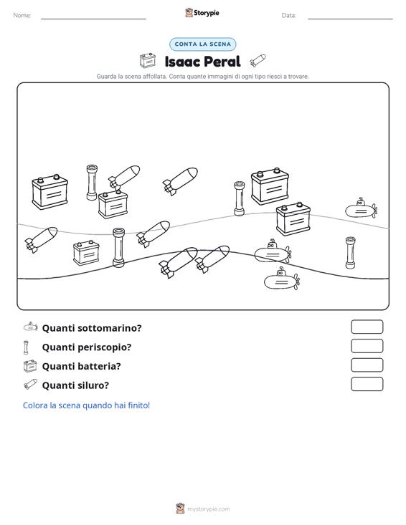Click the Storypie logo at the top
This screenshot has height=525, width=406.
[202, 13]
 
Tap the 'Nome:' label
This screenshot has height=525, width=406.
[22, 16]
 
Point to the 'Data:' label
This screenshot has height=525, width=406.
[288, 16]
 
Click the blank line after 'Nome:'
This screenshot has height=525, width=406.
[93, 19]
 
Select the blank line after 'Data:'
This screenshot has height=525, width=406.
[350, 19]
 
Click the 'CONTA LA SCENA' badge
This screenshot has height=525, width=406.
[203, 44]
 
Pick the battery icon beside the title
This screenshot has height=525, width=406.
[148, 61]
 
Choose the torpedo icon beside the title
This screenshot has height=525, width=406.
[258, 61]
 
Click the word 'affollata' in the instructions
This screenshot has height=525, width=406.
[154, 77]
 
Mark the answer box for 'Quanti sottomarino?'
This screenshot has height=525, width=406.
[367, 327]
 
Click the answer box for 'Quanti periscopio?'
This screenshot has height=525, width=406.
[367, 346]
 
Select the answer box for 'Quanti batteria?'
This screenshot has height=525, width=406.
[367, 365]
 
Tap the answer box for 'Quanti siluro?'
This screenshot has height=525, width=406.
[367, 384]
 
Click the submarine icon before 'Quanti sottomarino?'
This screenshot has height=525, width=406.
[31, 327]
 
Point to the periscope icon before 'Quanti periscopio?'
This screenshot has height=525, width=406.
[26, 347]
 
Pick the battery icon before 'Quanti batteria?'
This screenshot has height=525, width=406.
[30, 366]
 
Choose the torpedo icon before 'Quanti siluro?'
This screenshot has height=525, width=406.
[30, 385]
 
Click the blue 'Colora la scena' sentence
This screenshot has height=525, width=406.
[86, 405]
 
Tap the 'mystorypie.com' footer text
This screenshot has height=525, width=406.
[208, 509]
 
